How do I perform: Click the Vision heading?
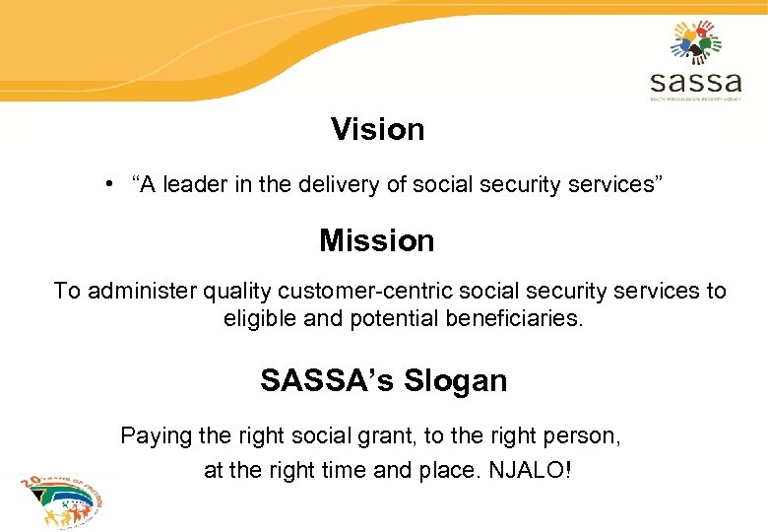point(377,129)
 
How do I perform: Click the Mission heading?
point(376,240)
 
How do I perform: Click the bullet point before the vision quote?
point(115,183)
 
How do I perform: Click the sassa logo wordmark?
point(695,80)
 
